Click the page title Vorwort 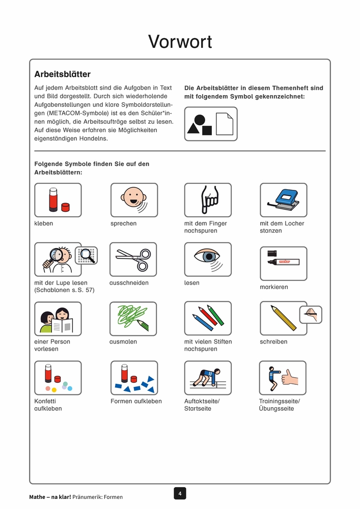pyautogui.click(x=180, y=42)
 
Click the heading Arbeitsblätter pyautogui.click(x=62, y=74)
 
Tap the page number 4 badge pyautogui.click(x=180, y=493)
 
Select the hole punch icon pyautogui.click(x=283, y=200)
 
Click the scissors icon pyautogui.click(x=133, y=259)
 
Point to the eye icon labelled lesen pyautogui.click(x=207, y=259)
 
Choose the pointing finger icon pyautogui.click(x=207, y=200)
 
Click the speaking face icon pyautogui.click(x=134, y=200)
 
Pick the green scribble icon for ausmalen pyautogui.click(x=133, y=319)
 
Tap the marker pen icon pyautogui.click(x=283, y=263)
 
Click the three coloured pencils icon pyautogui.click(x=207, y=319)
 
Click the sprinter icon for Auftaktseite pyautogui.click(x=207, y=378)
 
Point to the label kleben pyautogui.click(x=43, y=223)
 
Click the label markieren pyautogui.click(x=274, y=287)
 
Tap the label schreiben pyautogui.click(x=273, y=342)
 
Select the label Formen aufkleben pyautogui.click(x=136, y=401)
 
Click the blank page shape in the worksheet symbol pyautogui.click(x=224, y=124)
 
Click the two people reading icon pyautogui.click(x=58, y=319)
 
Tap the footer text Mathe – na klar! pyautogui.click(x=50, y=497)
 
